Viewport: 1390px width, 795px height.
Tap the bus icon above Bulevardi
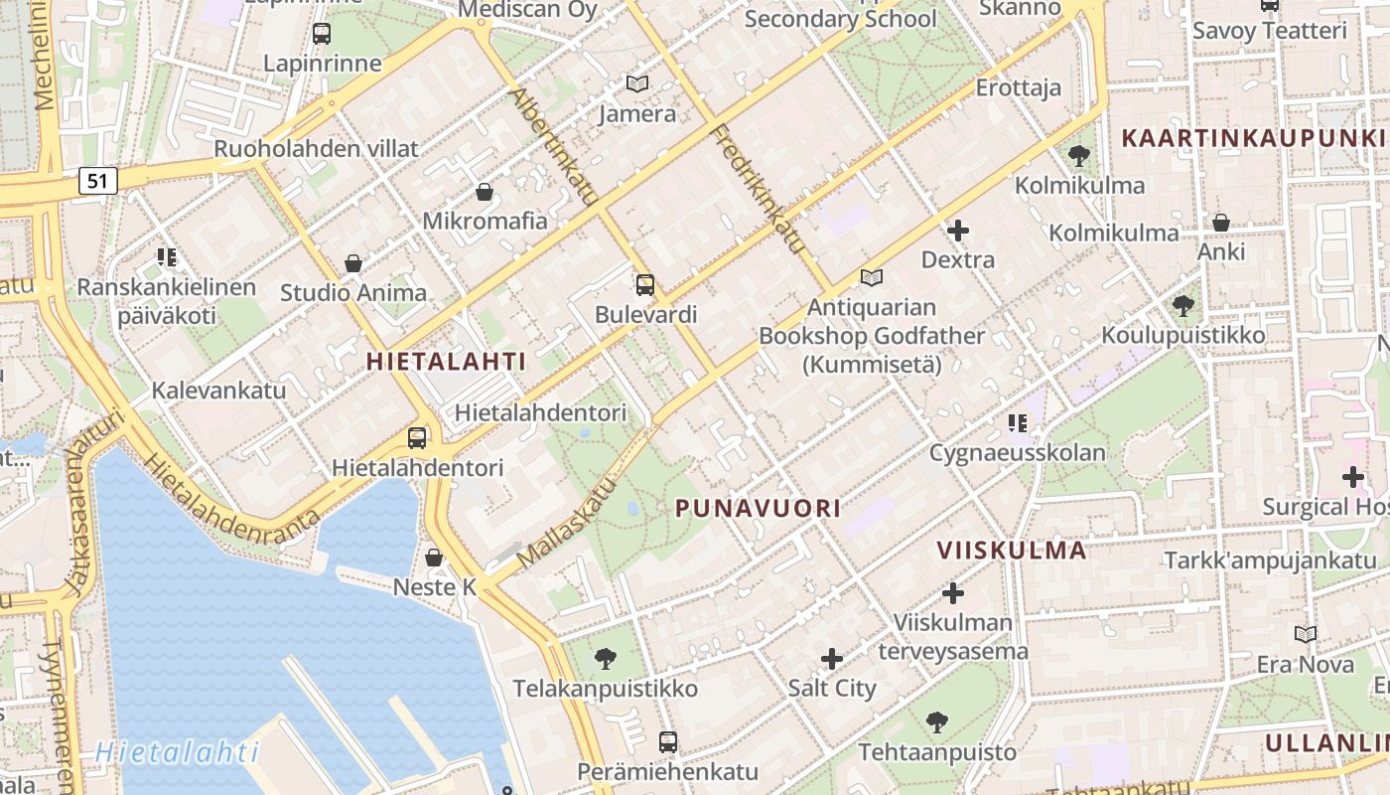pos(645,286)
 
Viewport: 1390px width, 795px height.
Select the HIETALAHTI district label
pos(446,362)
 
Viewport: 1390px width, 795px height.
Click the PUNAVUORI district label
pos(758,509)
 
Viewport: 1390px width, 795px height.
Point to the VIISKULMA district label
pos(1012,551)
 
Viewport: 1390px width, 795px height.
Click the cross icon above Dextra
pos(958,232)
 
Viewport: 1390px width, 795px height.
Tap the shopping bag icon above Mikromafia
pos(485,192)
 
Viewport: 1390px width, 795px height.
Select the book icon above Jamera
pos(637,84)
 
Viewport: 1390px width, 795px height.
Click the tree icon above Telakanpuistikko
pos(605,659)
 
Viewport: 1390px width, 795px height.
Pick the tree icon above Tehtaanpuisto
pos(936,722)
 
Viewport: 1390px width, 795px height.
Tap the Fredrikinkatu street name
pos(757,189)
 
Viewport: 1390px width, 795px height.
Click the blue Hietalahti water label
pos(178,752)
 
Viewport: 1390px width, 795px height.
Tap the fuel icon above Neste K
pos(434,557)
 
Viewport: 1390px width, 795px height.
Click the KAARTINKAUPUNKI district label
pos(1253,138)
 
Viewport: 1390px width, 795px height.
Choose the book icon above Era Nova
pos(1305,634)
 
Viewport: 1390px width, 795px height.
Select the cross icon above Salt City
pos(832,659)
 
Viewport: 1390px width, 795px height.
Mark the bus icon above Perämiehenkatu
pos(668,741)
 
